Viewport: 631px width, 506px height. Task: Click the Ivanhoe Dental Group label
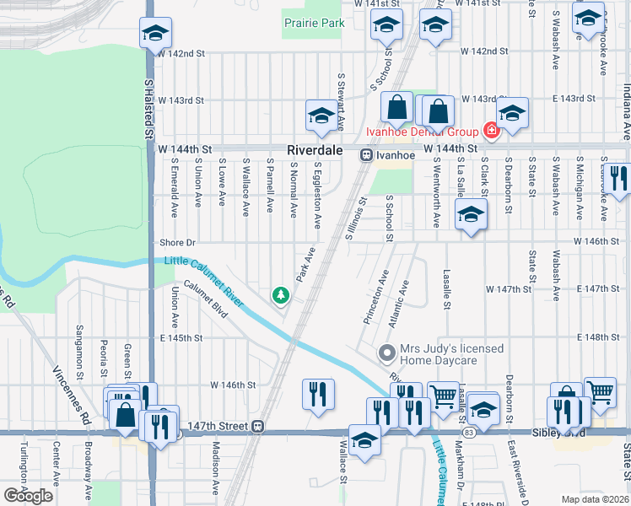421,131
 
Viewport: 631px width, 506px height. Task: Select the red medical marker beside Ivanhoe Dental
488,131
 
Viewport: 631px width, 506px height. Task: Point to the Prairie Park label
314,23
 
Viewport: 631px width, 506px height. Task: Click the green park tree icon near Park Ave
279,295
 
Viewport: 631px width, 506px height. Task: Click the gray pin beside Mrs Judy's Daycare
387,352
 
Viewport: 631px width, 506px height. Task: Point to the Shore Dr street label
177,243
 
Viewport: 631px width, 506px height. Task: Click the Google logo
27,496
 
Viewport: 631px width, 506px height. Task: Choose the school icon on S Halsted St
155,34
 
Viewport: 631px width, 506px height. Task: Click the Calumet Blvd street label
206,299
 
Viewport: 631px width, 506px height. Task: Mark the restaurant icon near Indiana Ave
618,178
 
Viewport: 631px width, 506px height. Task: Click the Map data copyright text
596,499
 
